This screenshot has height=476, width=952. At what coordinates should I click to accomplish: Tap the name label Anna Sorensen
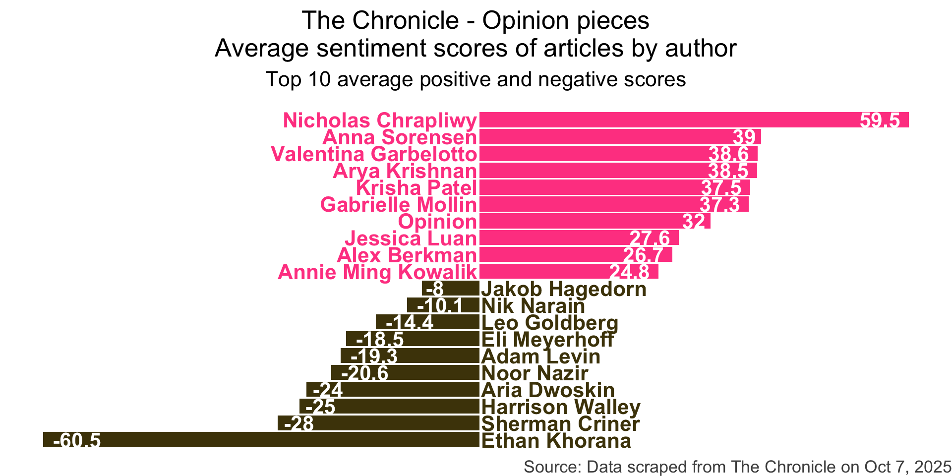pyautogui.click(x=400, y=137)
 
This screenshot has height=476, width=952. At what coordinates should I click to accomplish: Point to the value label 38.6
pyautogui.click(x=728, y=154)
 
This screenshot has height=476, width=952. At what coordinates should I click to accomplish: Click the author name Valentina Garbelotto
pyautogui.click(x=374, y=154)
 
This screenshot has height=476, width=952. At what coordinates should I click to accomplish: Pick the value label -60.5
pyautogui.click(x=77, y=440)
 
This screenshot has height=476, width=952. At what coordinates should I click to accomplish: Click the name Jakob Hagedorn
pyautogui.click(x=564, y=289)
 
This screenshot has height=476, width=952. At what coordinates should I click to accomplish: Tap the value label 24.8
pyautogui.click(x=629, y=272)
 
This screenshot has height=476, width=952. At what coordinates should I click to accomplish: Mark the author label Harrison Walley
pyautogui.click(x=561, y=407)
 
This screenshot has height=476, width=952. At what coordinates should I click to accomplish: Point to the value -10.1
pyautogui.click(x=440, y=305)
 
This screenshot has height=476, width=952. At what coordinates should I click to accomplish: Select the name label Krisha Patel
pyautogui.click(x=416, y=188)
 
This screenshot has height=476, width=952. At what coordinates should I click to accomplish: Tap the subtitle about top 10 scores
pyautogui.click(x=476, y=79)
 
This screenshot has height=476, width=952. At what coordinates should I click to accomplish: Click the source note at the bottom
pyautogui.click(x=737, y=467)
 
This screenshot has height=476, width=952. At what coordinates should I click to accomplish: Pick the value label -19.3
pyautogui.click(x=374, y=356)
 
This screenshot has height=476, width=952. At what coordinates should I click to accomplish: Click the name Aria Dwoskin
pyautogui.click(x=548, y=390)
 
